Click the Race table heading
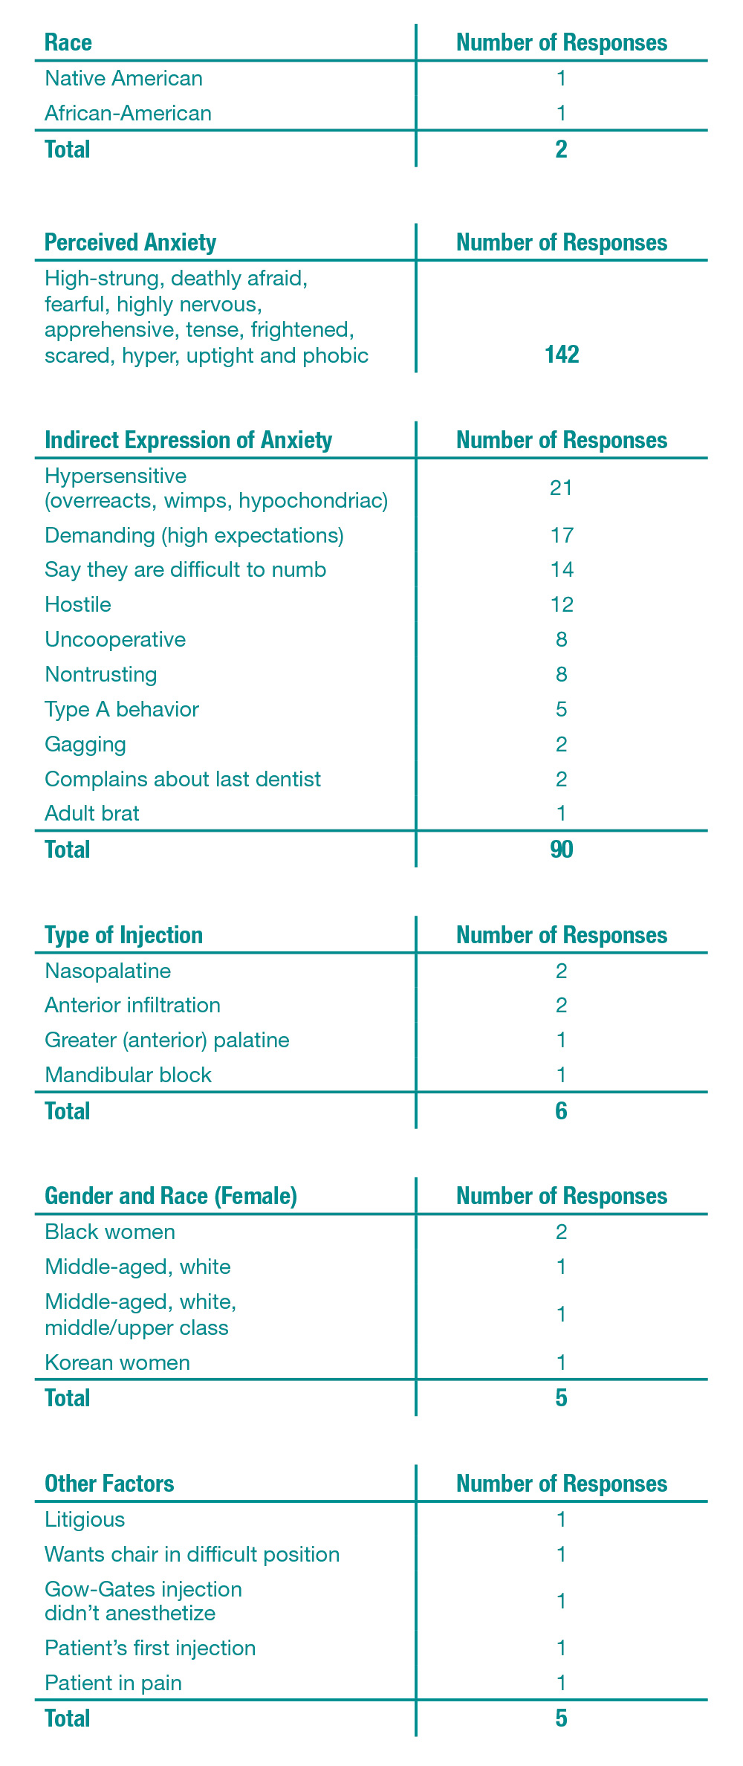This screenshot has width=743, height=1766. pyautogui.click(x=68, y=42)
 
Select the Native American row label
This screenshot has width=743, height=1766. pyautogui.click(x=123, y=78)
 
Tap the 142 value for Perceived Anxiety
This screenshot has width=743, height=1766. pyautogui.click(x=561, y=355)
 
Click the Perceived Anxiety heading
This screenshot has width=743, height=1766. pyautogui.click(x=130, y=242)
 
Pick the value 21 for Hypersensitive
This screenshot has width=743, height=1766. pyautogui.click(x=561, y=488)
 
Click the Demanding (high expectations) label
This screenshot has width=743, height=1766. pyautogui.click(x=194, y=535)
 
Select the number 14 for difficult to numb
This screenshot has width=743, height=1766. pyautogui.click(x=561, y=570)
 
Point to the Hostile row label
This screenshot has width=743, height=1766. pyautogui.click(x=78, y=604)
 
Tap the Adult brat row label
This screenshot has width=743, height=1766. pyautogui.click(x=92, y=813)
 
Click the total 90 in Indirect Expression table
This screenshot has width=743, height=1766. pyautogui.click(x=561, y=850)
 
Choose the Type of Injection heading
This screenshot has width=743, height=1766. pyautogui.click(x=123, y=935)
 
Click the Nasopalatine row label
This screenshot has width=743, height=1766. pyautogui.click(x=108, y=971)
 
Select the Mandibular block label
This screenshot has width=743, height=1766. pyautogui.click(x=128, y=1075)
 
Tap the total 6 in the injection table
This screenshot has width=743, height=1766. pyautogui.click(x=561, y=1111)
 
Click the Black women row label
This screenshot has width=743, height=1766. pyautogui.click(x=110, y=1232)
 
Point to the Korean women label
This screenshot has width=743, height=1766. pyautogui.click(x=117, y=1362)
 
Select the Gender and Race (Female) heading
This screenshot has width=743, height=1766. pyautogui.click(x=171, y=1196)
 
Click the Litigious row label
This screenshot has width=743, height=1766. pyautogui.click(x=85, y=1519)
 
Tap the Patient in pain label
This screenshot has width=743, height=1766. pyautogui.click(x=113, y=1682)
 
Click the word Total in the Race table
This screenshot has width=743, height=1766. pyautogui.click(x=68, y=149)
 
